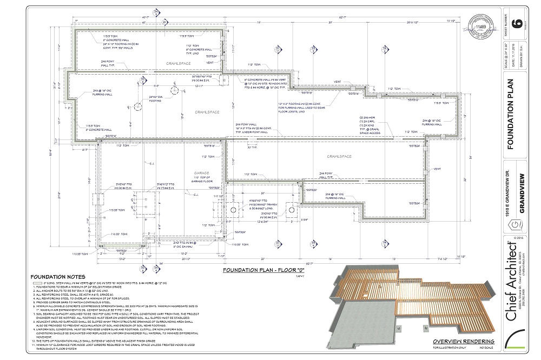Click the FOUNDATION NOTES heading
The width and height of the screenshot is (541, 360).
point(56,276)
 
